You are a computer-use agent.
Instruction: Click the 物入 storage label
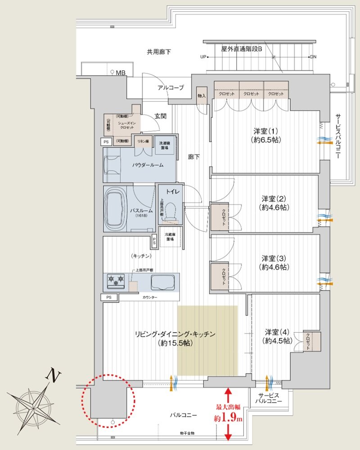[x=202, y=96]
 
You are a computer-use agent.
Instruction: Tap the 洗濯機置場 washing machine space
[x=166, y=145]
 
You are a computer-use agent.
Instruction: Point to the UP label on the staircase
[x=203, y=57]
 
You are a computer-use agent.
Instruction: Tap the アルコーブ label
[x=170, y=88]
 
